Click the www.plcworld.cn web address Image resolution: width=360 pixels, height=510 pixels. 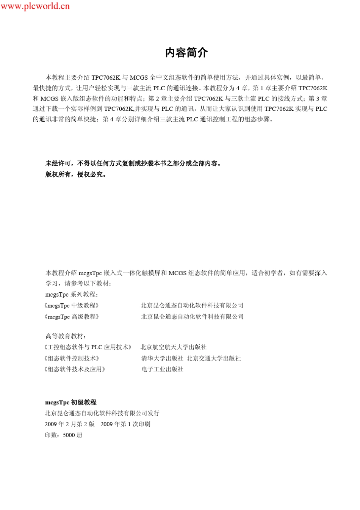35,6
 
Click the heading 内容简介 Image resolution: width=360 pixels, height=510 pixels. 186,53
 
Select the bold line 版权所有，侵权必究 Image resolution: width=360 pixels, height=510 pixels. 76,174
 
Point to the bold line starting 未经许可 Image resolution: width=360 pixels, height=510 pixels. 133,163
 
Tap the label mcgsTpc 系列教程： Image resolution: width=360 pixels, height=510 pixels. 72,294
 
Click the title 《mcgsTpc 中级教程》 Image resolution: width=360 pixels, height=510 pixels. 72,306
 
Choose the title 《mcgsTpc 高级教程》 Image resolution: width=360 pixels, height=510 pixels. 72,317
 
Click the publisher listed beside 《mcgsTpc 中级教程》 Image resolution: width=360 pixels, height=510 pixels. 192,306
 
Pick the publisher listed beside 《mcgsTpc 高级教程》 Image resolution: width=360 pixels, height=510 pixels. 192,317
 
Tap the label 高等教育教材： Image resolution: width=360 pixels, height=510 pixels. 66,336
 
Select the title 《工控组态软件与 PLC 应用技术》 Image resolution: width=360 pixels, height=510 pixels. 88,347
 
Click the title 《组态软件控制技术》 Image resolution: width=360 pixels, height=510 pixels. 72,358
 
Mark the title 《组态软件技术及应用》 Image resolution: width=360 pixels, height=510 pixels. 74,369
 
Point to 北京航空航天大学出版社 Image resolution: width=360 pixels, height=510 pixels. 174,347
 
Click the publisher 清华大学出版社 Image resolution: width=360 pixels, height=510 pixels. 162,358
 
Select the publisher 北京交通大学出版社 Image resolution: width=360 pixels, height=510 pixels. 214,358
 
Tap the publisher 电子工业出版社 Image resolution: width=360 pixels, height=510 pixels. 162,369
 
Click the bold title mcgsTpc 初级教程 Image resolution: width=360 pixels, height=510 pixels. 71,402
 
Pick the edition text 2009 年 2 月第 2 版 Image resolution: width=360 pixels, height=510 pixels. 70,424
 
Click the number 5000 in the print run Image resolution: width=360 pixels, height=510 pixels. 69,435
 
